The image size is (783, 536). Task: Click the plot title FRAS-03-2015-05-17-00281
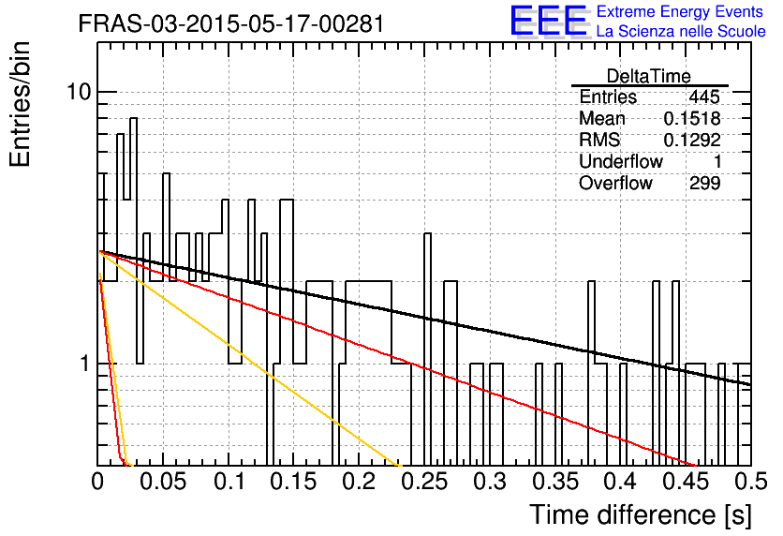click(x=231, y=23)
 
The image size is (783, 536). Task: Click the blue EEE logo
click(x=549, y=21)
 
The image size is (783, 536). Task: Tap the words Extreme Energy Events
click(x=680, y=11)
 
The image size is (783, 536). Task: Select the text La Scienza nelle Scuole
click(x=681, y=31)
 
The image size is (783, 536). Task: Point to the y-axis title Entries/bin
click(x=20, y=104)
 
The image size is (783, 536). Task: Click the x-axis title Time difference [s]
click(x=641, y=514)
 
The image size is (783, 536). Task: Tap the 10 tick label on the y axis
click(x=80, y=92)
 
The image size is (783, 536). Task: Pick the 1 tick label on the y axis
click(x=85, y=364)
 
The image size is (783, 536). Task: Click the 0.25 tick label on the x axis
click(x=424, y=482)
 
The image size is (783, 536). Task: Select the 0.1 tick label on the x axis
click(x=229, y=482)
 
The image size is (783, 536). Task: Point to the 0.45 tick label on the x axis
click(x=686, y=482)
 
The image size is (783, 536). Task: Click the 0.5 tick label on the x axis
click(x=751, y=482)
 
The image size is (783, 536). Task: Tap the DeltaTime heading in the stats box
click(x=649, y=76)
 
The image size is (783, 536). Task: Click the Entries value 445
click(x=704, y=97)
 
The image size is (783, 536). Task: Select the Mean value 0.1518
click(x=692, y=118)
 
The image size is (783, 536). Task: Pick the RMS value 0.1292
click(x=692, y=140)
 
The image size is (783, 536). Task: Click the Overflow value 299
click(x=705, y=183)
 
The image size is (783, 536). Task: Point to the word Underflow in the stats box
click(x=621, y=161)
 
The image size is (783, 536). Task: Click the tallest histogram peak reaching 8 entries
click(x=133, y=119)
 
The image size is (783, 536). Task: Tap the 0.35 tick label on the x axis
click(x=555, y=482)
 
